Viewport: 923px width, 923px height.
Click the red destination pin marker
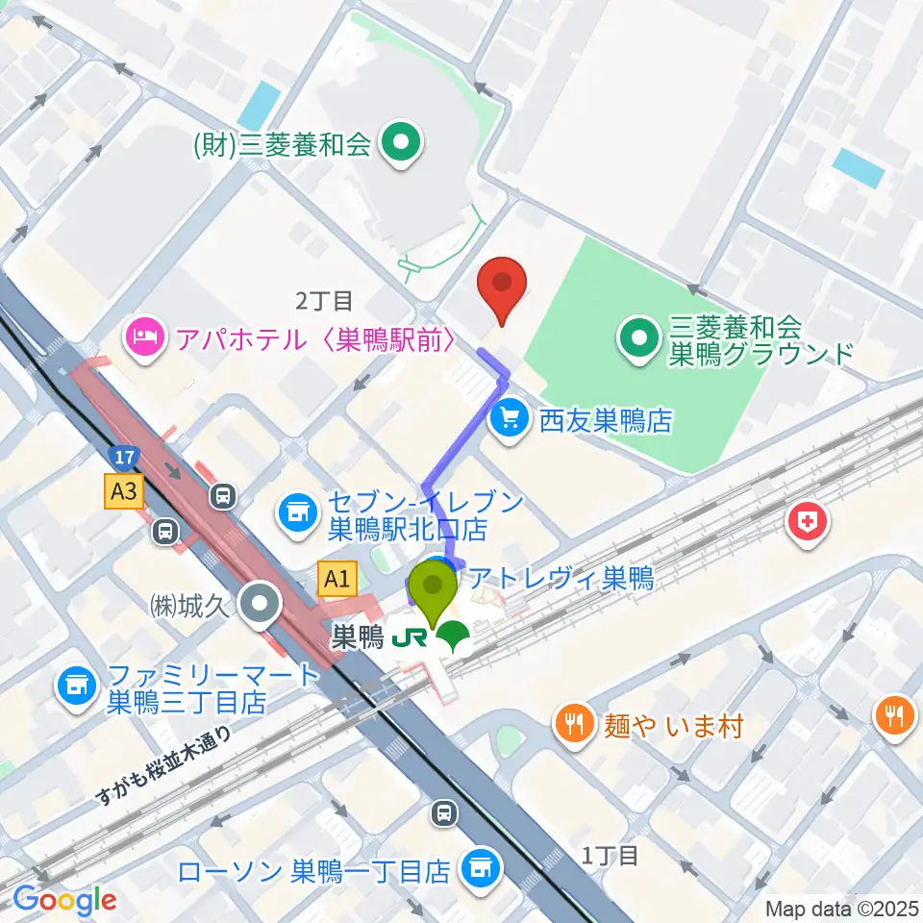click(x=501, y=286)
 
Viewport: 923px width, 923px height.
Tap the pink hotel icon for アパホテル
click(x=143, y=337)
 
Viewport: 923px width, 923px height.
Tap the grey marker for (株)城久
click(x=259, y=608)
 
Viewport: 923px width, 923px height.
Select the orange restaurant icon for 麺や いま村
click(x=576, y=723)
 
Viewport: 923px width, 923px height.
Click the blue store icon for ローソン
click(x=478, y=870)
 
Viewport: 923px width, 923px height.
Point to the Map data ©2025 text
click(x=842, y=908)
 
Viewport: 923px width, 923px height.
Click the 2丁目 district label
click(x=324, y=302)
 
